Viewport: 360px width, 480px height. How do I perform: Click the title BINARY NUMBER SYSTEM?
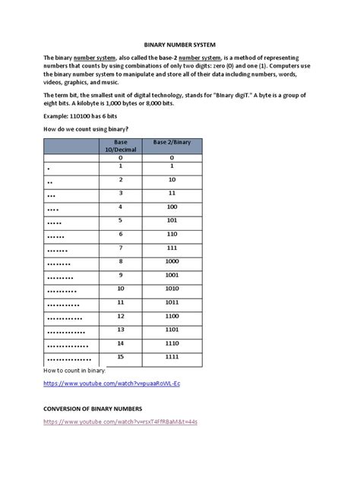pos(180,44)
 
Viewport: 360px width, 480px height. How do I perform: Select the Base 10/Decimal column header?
pos(121,146)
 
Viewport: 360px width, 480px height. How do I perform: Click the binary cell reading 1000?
pos(173,261)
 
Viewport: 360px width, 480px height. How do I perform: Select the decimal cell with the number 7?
pos(121,248)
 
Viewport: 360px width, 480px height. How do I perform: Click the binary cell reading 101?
pos(173,220)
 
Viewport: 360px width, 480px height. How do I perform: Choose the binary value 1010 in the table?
pos(173,289)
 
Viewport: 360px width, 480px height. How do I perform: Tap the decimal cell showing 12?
pos(121,316)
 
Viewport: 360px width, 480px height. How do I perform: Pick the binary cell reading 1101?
pos(173,330)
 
